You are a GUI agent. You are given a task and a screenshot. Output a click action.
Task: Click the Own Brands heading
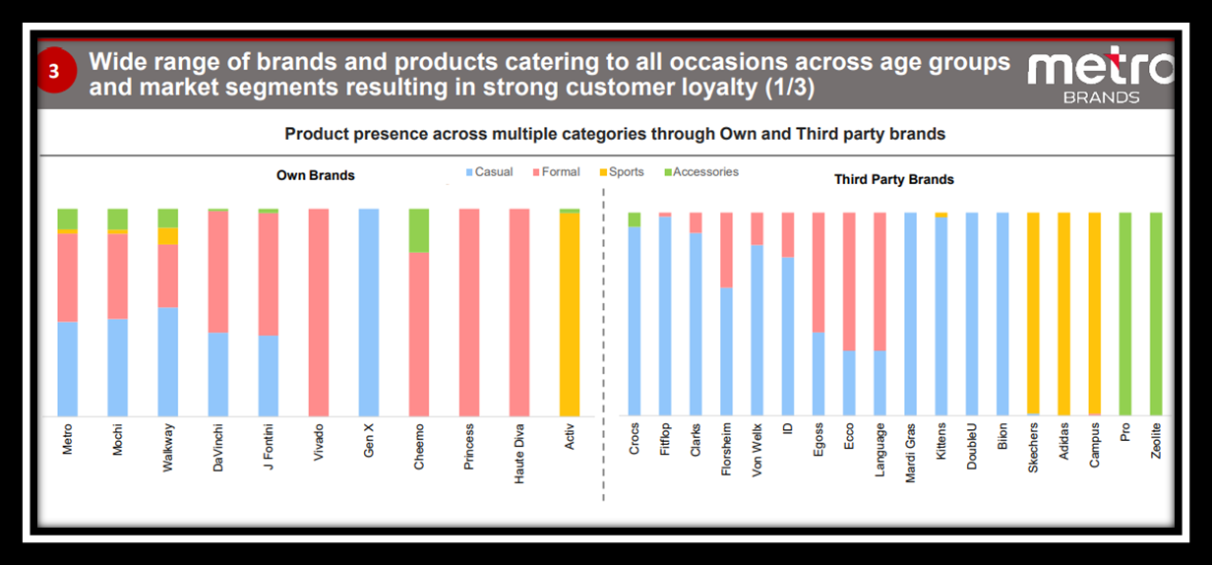316,176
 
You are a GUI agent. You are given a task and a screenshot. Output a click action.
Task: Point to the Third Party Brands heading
893,179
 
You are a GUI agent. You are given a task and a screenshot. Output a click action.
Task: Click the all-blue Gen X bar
368,312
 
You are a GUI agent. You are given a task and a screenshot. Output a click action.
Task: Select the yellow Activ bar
570,315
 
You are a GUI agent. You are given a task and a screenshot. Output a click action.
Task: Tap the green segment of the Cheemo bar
419,230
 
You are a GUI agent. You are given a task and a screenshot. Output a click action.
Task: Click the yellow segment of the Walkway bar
168,236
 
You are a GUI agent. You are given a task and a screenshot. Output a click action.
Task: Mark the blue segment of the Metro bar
67,369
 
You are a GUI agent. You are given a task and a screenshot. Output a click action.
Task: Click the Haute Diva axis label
520,451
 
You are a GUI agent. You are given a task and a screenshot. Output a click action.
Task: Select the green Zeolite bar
1156,314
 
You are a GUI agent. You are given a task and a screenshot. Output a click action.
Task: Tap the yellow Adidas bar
1063,314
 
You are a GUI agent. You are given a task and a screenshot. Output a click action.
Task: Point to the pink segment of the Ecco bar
849,282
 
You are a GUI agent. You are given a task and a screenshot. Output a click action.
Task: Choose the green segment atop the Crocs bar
635,220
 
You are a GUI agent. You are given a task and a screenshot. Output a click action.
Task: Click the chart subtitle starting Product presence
615,134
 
